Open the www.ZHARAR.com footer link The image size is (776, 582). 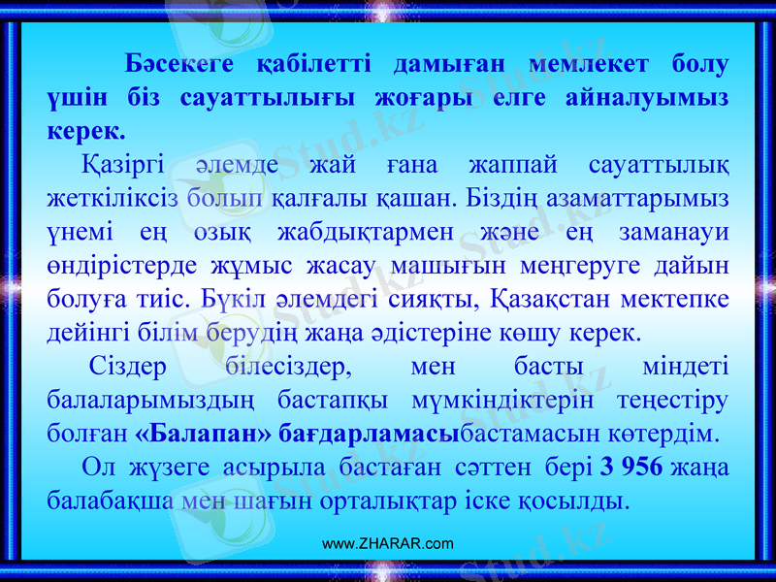click(388, 544)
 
